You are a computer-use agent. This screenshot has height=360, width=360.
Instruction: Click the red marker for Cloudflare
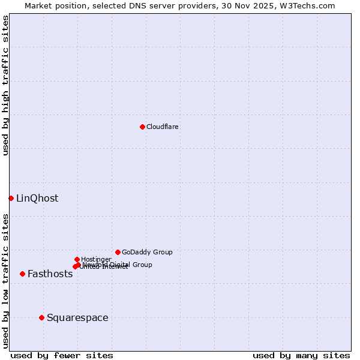(x=142, y=127)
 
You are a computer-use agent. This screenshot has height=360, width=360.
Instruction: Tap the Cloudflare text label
(x=162, y=127)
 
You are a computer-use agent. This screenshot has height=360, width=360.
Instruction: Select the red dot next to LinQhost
(x=11, y=198)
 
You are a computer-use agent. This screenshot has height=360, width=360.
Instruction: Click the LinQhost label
(x=37, y=198)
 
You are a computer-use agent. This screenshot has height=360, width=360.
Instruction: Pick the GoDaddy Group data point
(x=118, y=252)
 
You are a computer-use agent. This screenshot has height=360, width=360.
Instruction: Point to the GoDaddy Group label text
(x=147, y=252)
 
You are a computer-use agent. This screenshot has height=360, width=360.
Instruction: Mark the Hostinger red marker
(x=77, y=259)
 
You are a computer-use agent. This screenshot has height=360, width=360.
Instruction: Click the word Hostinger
(x=96, y=259)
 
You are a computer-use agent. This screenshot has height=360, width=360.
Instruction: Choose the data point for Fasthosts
(x=22, y=274)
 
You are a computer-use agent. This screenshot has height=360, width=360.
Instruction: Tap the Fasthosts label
(x=50, y=274)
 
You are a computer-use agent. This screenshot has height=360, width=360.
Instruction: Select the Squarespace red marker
(x=41, y=317)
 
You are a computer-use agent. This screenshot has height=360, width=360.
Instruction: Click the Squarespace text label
(x=77, y=317)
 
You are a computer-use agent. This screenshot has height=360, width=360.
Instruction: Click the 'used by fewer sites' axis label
(x=62, y=355)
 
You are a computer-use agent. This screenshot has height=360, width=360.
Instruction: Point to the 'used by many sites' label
(x=301, y=355)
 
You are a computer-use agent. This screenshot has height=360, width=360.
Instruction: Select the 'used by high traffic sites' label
(x=5, y=85)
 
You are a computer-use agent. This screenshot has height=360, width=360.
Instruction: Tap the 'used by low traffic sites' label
(x=5, y=280)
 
